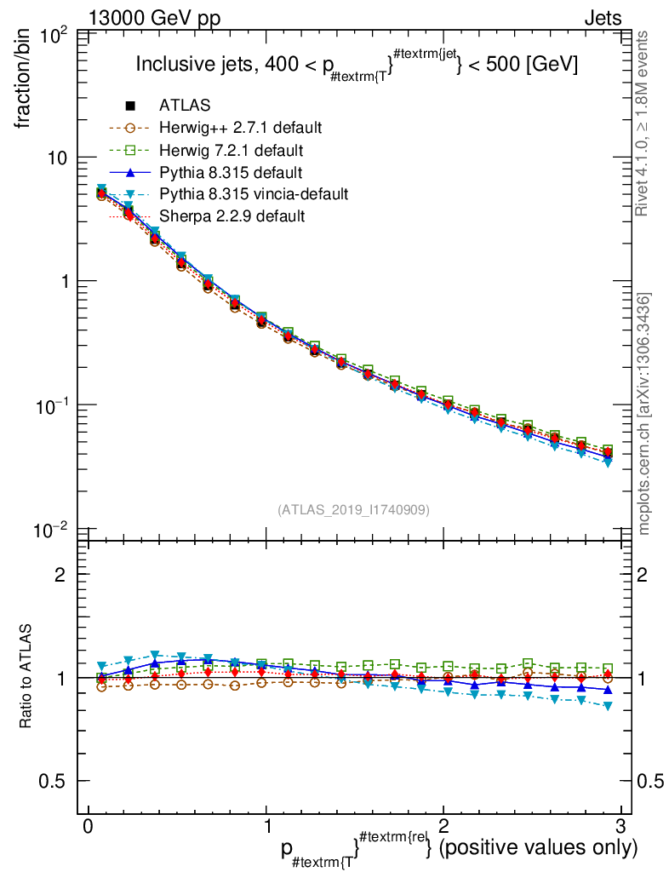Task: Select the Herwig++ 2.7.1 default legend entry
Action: tap(240, 128)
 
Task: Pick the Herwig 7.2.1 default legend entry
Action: tap(232, 150)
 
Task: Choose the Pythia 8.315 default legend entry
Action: tap(231, 172)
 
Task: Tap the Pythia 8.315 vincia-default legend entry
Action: tap(253, 194)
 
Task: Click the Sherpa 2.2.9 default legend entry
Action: tap(232, 216)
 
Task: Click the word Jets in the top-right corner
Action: tap(602, 18)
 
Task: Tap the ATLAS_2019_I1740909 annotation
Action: tap(353, 509)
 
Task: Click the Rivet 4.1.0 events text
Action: tap(644, 123)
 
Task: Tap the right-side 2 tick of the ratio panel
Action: tap(643, 575)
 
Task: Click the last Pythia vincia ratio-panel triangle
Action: tap(608, 706)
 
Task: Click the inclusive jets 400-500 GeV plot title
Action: tap(357, 65)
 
